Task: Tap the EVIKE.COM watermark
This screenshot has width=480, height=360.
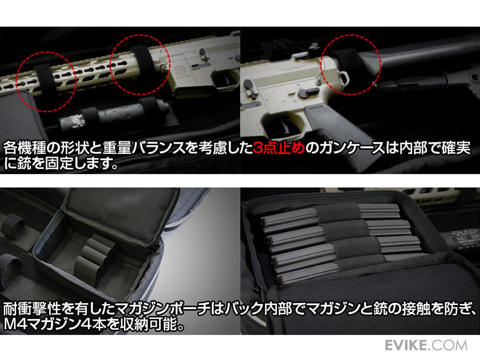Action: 426,345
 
